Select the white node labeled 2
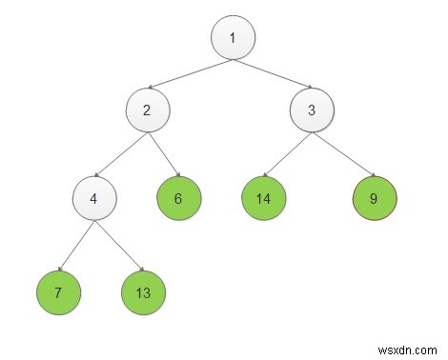pos(147,110)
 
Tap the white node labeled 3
pos(312,110)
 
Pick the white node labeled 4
pos(93,199)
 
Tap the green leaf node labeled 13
pos(143,291)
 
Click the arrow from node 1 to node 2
pos(189,72)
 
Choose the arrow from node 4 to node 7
pos(75,245)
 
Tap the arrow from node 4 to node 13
pos(118,245)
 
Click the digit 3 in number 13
pos(147,291)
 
